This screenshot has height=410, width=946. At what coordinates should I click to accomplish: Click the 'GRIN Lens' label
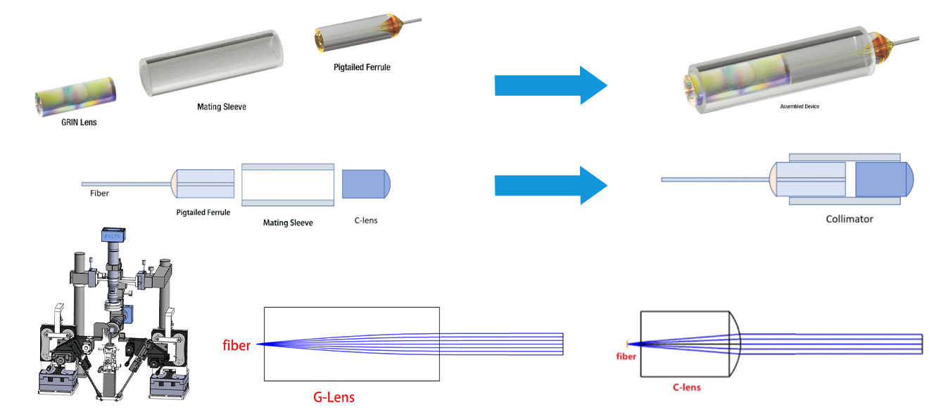coord(78,122)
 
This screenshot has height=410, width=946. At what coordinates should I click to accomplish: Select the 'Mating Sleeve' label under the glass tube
coord(222,107)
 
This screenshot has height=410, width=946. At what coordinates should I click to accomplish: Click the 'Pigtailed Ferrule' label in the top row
coord(362,68)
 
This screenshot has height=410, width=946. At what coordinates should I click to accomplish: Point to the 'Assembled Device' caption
coord(800,106)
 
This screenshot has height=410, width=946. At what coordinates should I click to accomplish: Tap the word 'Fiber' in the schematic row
coord(100,193)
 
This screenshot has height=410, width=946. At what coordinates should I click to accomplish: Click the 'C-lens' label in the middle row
coord(365,220)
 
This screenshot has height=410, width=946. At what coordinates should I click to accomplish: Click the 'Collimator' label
coord(849,219)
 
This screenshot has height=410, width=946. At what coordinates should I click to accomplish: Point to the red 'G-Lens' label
coord(334,397)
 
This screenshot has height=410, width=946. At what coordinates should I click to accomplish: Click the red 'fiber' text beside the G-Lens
coord(237,345)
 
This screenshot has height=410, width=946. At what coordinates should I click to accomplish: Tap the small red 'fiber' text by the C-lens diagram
coord(626,356)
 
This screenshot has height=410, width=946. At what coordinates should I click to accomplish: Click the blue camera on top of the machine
coord(113,236)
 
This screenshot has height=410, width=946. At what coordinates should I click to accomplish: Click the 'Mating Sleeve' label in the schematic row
coord(287,223)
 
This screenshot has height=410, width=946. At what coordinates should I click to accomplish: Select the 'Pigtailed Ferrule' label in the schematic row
coord(203,212)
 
